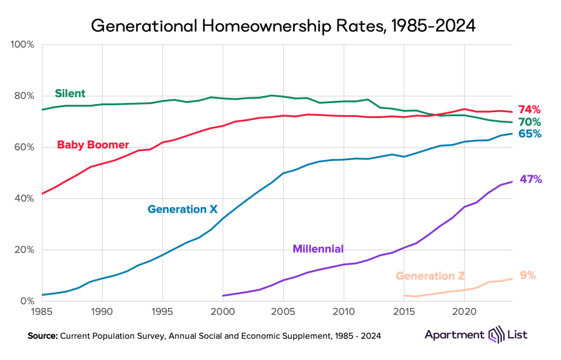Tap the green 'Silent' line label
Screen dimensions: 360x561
70,93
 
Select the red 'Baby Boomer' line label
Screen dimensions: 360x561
93,145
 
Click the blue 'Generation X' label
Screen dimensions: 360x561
183,209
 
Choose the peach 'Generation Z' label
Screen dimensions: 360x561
430,276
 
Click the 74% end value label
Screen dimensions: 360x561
530,110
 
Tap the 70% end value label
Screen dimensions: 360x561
530,122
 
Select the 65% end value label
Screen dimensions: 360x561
530,134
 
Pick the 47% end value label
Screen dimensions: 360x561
531,180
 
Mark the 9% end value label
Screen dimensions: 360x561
527,275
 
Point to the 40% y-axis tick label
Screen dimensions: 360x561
25,199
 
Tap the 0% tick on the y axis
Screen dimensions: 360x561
27,301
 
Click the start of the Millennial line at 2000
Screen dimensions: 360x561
223,295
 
